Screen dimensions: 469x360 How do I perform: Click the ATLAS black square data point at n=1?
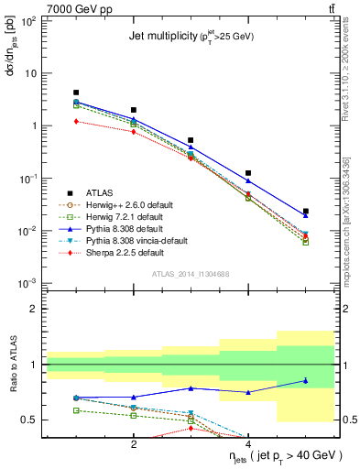(x=76, y=93)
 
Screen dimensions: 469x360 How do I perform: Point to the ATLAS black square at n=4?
(x=248, y=173)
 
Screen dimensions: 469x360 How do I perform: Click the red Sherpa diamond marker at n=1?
(x=76, y=121)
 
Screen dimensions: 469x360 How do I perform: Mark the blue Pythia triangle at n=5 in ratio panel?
(x=306, y=380)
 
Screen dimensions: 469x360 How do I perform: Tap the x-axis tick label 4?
(x=248, y=443)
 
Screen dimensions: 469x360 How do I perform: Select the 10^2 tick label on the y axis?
(x=27, y=21)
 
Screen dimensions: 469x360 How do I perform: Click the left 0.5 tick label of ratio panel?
(x=29, y=420)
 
